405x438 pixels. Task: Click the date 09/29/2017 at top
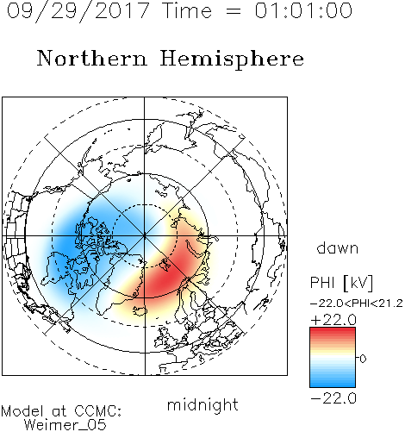[x=78, y=11]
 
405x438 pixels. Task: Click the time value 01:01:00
[x=303, y=10]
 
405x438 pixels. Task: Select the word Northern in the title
[x=92, y=59]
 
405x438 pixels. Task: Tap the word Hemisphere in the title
[x=232, y=59]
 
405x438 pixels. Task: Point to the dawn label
[x=338, y=248]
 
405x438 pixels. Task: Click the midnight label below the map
[x=202, y=405]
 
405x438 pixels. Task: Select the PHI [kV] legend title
[x=341, y=283]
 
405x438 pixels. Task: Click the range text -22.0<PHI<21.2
[x=357, y=303]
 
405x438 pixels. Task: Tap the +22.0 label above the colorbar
[x=333, y=320]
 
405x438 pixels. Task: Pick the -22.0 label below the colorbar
[x=333, y=398]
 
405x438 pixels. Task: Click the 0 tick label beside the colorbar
[x=363, y=359]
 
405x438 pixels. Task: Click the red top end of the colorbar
[x=333, y=330]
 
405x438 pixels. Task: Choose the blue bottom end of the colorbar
[x=333, y=385]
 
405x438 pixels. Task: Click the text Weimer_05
[x=65, y=425]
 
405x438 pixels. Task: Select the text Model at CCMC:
[x=61, y=411]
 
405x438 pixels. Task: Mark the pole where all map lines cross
[x=145, y=236]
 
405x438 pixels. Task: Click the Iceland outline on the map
[x=140, y=310]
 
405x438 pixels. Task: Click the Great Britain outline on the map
[x=165, y=339]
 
